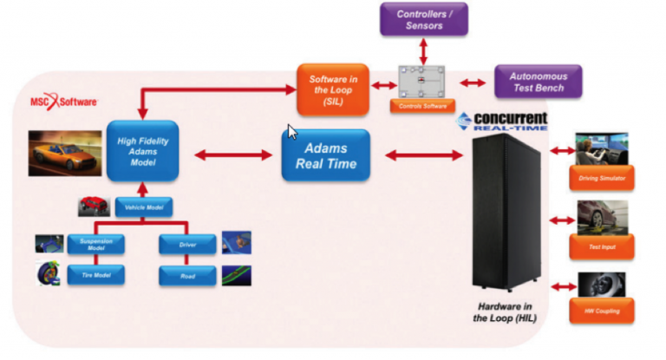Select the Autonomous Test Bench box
[x=538, y=82]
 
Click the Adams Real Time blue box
[x=326, y=155]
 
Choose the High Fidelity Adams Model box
[x=142, y=151]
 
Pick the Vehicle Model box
[x=145, y=206]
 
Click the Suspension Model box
[x=96, y=244]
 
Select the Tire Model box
[x=96, y=276]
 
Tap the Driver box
[x=186, y=244]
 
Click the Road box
[x=186, y=276]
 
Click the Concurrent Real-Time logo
[x=502, y=120]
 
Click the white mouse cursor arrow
[x=292, y=132]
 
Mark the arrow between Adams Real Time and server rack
[x=422, y=155]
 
